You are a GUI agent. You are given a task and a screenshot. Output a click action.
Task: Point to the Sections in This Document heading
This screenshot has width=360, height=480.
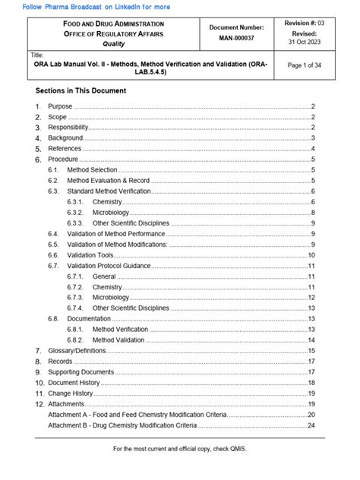(81, 90)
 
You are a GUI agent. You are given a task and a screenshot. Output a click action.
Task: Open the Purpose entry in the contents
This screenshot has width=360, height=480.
(60, 106)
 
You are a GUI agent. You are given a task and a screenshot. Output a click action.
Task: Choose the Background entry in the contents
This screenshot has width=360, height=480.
(65, 138)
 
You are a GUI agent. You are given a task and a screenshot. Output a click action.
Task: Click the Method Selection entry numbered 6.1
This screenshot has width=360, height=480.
(92, 170)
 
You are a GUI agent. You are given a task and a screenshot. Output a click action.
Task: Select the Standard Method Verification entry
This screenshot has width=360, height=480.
(109, 191)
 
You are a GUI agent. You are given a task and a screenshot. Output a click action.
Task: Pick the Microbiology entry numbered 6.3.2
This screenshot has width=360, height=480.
(111, 213)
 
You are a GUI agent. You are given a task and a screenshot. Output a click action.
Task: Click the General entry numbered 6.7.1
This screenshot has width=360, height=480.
(104, 276)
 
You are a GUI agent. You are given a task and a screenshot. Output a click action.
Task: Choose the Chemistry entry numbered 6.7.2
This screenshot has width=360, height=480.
(107, 287)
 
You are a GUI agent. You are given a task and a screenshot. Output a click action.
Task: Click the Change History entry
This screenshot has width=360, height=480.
(70, 393)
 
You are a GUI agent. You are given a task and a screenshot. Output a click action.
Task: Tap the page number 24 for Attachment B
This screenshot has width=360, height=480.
(311, 425)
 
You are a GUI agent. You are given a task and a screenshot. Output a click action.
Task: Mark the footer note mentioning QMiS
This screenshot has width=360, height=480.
(180, 449)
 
